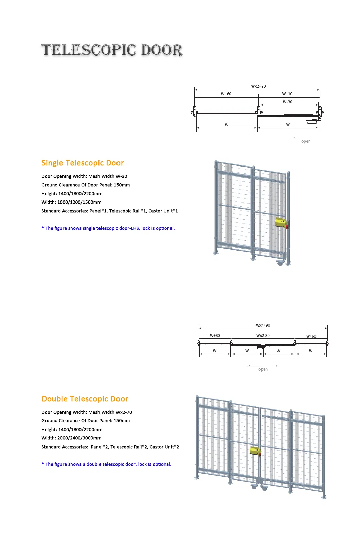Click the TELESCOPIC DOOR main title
pyautogui.click(x=112, y=50)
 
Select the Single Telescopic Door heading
pyautogui.click(x=83, y=163)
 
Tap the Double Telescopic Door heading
pyautogui.click(x=85, y=399)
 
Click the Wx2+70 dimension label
pyautogui.click(x=258, y=86)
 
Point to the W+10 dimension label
pyautogui.click(x=287, y=94)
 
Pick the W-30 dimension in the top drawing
pyautogui.click(x=287, y=102)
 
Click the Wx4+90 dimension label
pyautogui.click(x=263, y=325)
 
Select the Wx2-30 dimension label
pyautogui.click(x=263, y=336)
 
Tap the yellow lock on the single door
pyautogui.click(x=281, y=223)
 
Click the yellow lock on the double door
pyautogui.click(x=255, y=451)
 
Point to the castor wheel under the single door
pyautogui.click(x=280, y=263)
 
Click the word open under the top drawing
pyautogui.click(x=306, y=141)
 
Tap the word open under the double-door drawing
pyautogui.click(x=263, y=369)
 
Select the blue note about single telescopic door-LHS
pyautogui.click(x=108, y=228)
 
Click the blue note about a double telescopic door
pyautogui.click(x=106, y=464)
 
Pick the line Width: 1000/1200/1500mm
pyautogui.click(x=71, y=202)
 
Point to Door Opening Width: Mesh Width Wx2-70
pyautogui.click(x=87, y=412)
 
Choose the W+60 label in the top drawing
pyautogui.click(x=226, y=94)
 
